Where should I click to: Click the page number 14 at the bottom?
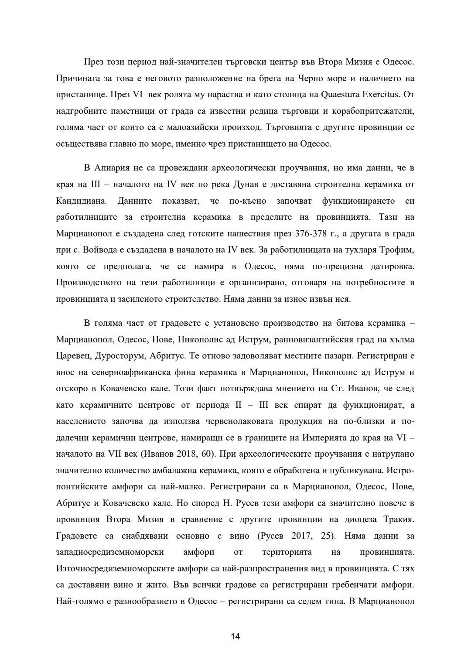click(235, 636)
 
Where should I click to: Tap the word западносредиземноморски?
click(110, 552)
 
